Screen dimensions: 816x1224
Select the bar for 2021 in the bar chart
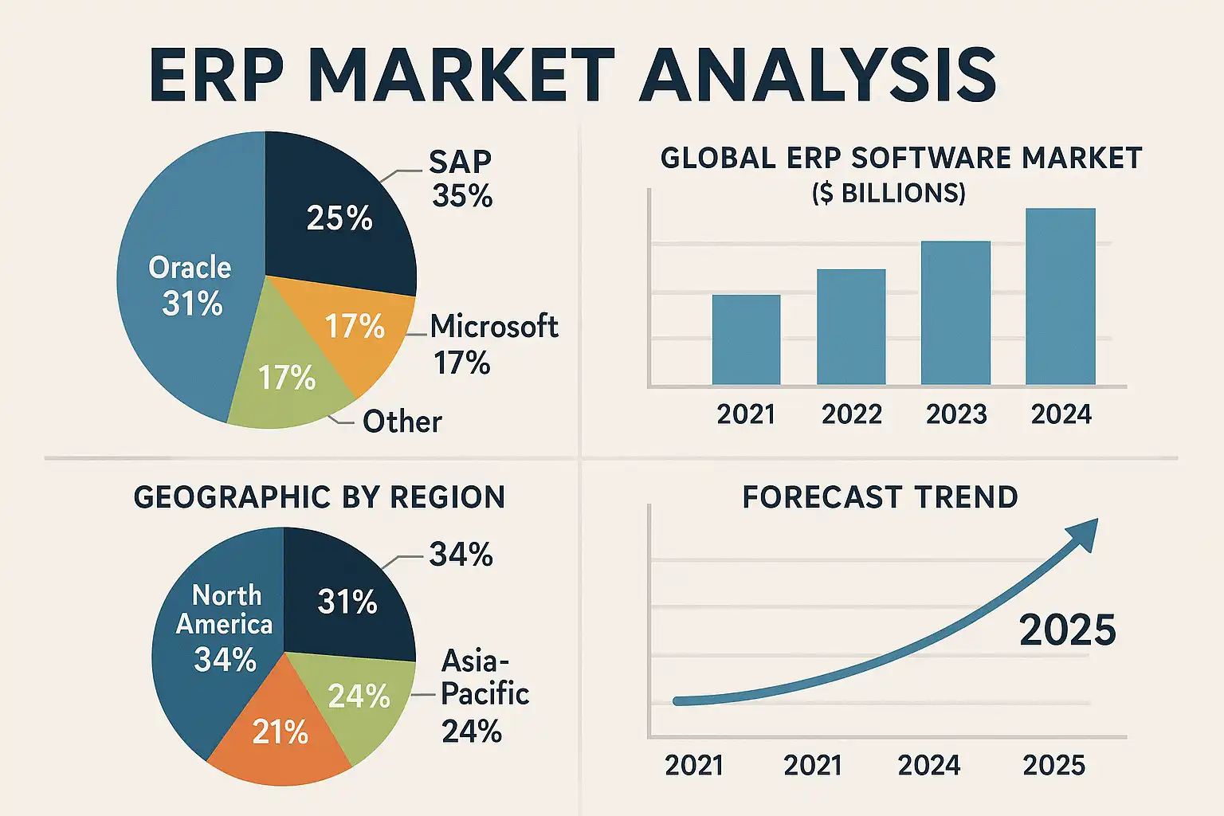[746, 340]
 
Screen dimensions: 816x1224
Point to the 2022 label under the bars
[851, 414]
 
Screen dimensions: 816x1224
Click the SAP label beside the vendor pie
[460, 162]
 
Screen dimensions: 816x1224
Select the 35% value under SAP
[462, 196]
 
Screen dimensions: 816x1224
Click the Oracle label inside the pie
[190, 268]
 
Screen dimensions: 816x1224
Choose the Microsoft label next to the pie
[494, 327]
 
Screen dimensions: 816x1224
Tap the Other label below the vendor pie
[402, 422]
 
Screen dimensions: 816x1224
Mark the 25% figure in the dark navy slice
[339, 218]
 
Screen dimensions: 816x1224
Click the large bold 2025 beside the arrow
[1068, 630]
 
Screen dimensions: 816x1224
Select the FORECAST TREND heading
[880, 497]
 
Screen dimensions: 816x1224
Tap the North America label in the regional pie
[225, 610]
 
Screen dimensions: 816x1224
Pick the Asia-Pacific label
[484, 677]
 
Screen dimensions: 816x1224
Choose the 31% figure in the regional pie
[347, 602]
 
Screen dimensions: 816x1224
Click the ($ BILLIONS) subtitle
[889, 194]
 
